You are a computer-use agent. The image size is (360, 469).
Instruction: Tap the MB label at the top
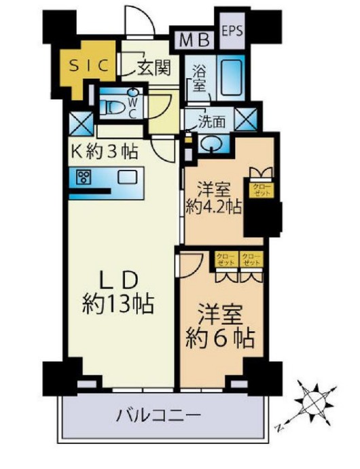point(193,39)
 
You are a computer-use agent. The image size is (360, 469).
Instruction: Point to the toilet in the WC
point(115,107)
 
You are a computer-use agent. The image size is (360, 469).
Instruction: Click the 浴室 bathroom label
point(198,77)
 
